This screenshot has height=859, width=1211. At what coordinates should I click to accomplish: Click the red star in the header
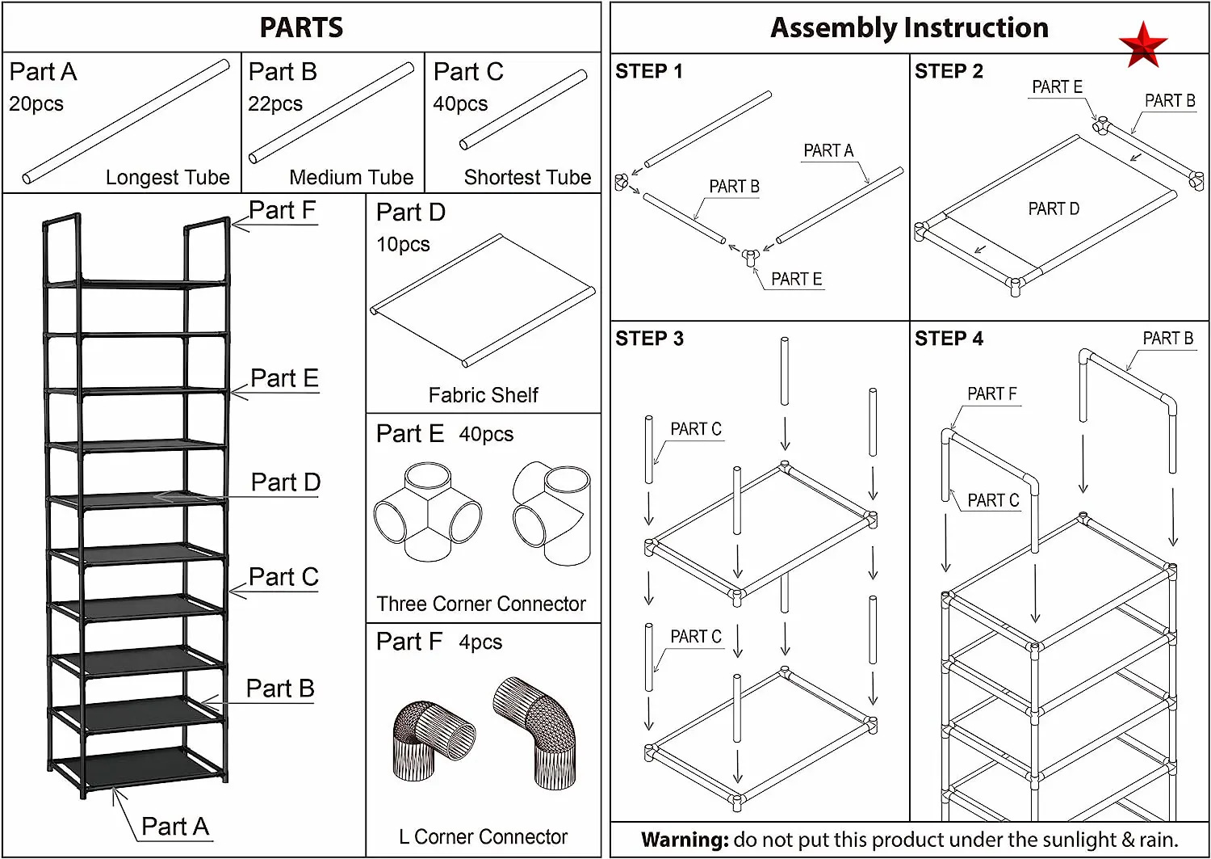(1142, 44)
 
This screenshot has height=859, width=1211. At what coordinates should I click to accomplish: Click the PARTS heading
(301, 27)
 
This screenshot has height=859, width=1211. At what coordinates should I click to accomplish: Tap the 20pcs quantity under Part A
(36, 104)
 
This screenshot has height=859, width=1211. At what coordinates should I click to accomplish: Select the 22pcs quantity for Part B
(275, 104)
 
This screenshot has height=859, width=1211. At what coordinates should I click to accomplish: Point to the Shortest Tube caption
(527, 177)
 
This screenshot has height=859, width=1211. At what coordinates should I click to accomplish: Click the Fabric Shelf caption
(483, 395)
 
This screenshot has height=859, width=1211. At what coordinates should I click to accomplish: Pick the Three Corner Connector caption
(481, 604)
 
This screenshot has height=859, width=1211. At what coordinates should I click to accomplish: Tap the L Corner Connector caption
(483, 836)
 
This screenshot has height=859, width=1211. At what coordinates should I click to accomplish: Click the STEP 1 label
(648, 71)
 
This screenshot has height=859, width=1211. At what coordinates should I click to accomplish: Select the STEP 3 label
(649, 339)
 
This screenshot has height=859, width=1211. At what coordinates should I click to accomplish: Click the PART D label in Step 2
(1053, 209)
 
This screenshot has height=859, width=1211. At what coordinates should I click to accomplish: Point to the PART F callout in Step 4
(991, 394)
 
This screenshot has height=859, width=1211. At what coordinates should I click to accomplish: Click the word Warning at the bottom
(685, 840)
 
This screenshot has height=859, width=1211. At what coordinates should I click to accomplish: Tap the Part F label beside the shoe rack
(282, 210)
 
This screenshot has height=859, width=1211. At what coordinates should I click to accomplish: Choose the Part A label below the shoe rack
(175, 827)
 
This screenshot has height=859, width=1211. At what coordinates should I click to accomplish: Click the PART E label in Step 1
(796, 279)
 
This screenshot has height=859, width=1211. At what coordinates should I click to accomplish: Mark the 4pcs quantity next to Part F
(480, 642)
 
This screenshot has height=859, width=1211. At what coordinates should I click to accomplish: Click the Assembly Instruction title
(909, 27)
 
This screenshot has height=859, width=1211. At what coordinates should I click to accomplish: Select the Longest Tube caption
(167, 177)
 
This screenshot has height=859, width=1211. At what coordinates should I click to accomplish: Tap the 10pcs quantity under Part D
(403, 245)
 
